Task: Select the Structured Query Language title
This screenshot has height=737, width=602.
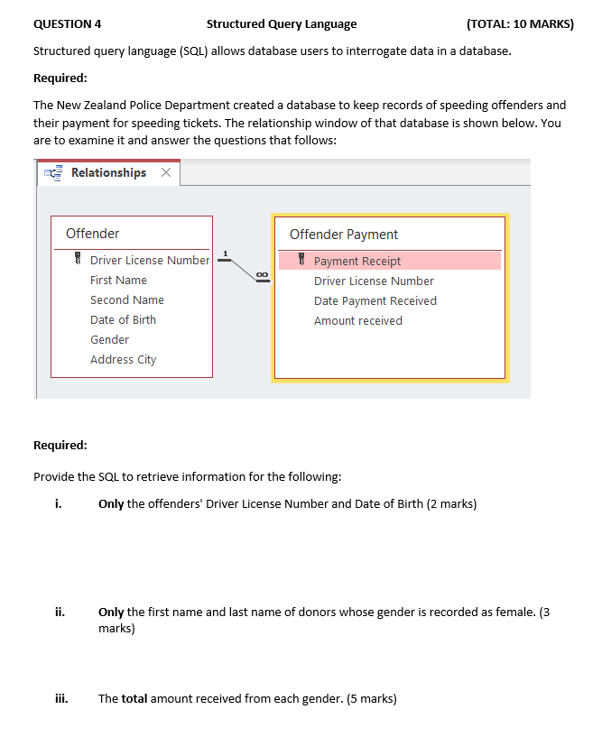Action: click(x=281, y=23)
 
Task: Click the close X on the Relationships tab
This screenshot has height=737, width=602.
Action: click(x=165, y=173)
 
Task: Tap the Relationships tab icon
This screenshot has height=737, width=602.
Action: click(x=53, y=173)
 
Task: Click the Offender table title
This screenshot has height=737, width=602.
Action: click(x=92, y=234)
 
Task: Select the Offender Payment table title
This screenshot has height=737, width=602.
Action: click(x=343, y=235)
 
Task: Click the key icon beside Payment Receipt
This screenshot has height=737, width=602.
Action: click(x=302, y=261)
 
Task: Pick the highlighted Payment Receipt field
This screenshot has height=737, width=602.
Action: click(x=357, y=261)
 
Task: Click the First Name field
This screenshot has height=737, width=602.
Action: click(x=118, y=280)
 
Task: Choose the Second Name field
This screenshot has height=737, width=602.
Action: click(x=126, y=299)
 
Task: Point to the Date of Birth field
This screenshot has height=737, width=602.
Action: click(x=123, y=319)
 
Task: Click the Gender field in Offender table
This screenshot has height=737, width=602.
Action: click(x=109, y=339)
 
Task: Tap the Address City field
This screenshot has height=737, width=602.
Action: click(x=123, y=359)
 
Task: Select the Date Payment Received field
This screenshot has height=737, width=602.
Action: click(x=375, y=300)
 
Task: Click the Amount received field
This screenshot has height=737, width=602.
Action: click(x=357, y=320)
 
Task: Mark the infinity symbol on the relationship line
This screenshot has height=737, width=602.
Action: click(x=262, y=274)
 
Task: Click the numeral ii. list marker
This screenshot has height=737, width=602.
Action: click(x=59, y=613)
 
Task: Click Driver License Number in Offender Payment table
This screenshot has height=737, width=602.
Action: click(x=374, y=281)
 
